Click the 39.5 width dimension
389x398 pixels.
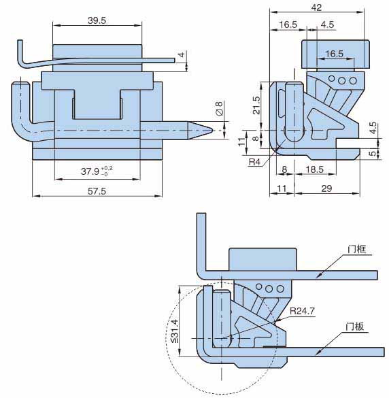[97, 20]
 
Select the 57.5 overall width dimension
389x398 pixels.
[97, 191]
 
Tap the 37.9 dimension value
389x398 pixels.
[90, 171]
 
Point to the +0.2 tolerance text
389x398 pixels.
[107, 169]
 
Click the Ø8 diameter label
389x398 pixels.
[219, 108]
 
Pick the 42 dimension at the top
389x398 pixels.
[316, 7]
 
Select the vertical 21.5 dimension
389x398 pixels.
[256, 105]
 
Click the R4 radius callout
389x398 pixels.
[254, 162]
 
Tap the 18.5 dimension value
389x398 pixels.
[315, 169]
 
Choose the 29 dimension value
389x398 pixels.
[326, 188]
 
